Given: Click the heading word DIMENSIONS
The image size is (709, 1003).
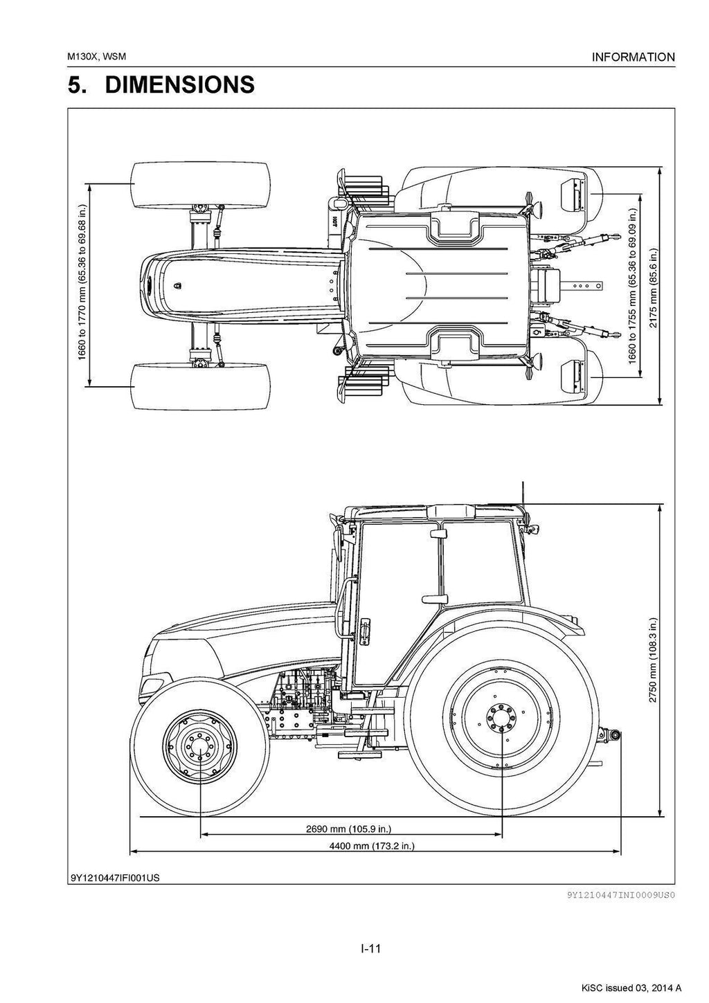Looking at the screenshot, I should tap(179, 85).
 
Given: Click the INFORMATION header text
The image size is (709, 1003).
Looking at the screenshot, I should tap(633, 57).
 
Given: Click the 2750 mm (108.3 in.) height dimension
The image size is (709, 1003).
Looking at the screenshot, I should tap(652, 660).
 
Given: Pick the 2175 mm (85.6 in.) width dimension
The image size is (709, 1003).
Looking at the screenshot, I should tap(653, 283).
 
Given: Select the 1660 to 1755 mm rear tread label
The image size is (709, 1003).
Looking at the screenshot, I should tap(632, 284).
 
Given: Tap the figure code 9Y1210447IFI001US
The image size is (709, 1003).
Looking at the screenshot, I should tap(115, 878).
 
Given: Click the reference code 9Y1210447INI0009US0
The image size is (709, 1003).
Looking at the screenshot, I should tap(620, 894).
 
